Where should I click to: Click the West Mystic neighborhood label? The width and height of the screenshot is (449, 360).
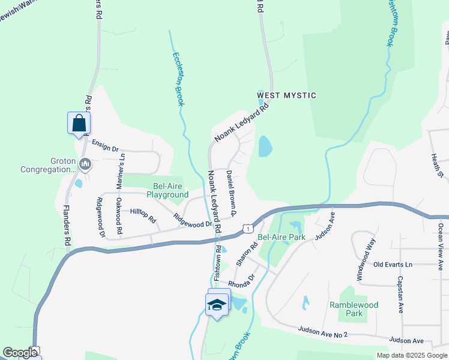286,95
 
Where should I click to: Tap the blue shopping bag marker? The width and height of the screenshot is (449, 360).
79,124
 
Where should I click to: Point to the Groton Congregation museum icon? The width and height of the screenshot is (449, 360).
85,164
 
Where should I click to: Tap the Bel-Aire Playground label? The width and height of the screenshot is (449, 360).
163,190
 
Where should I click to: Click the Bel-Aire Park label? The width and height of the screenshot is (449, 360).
281,237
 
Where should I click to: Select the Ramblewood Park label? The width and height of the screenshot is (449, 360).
354,309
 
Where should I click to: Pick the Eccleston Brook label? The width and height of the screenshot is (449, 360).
178,79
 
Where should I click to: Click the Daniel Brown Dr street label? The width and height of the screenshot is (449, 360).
232,193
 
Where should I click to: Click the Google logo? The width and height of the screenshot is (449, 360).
20,353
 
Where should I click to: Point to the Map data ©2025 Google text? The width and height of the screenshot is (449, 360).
411,355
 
